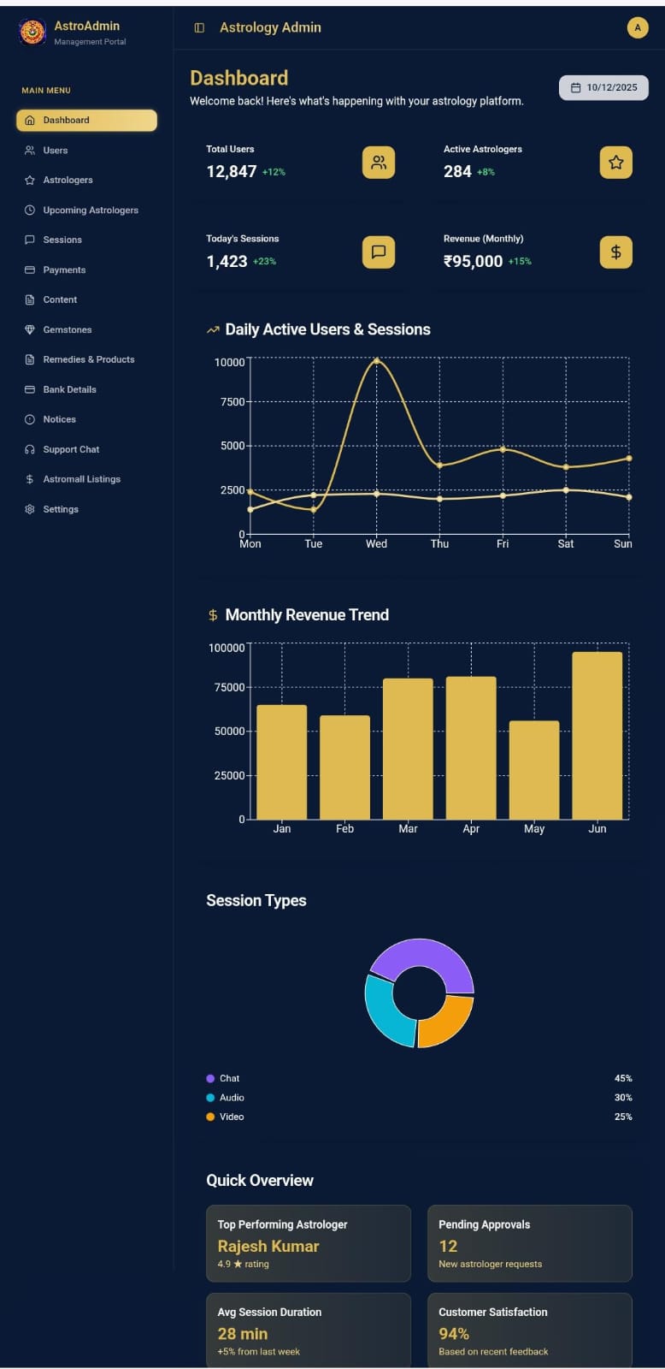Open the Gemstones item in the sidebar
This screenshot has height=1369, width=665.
click(68, 329)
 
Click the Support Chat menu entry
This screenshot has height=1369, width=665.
click(71, 449)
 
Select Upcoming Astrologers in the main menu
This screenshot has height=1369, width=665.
click(91, 210)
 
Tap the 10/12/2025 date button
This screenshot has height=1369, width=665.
click(603, 87)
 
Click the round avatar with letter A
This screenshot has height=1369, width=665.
click(638, 27)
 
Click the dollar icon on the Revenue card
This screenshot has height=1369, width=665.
click(615, 252)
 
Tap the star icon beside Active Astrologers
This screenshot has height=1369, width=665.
click(615, 163)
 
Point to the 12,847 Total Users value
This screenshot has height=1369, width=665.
click(232, 172)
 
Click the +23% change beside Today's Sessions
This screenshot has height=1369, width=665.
click(264, 262)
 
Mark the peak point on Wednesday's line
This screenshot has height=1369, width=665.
click(376, 361)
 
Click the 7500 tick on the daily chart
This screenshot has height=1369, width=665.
click(232, 401)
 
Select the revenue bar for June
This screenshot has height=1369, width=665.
click(597, 735)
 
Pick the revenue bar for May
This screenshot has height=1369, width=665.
click(534, 770)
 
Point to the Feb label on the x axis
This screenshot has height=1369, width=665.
click(345, 829)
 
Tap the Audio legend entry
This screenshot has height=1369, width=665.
click(226, 1098)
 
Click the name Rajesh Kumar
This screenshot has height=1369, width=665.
click(268, 1246)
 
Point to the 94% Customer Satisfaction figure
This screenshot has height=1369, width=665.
click(454, 1334)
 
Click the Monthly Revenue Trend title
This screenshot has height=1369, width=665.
click(307, 615)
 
